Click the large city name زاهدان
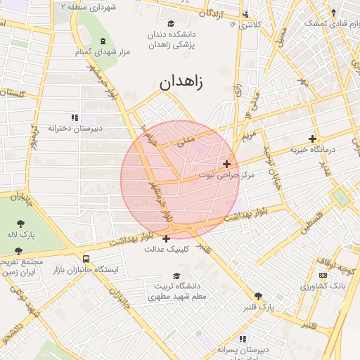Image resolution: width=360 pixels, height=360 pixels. pos(181,82)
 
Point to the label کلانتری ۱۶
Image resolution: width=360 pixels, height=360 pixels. pos(245,25)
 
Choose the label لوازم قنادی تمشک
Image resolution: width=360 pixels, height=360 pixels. pos(329,22)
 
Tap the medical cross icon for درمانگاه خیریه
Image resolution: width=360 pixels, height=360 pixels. pos(312,139)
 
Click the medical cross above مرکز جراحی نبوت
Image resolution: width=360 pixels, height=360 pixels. pos(226,163)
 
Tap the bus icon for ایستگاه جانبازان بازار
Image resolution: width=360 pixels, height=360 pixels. pos(86,259)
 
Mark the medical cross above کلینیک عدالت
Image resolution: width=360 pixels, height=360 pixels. pos(165,238)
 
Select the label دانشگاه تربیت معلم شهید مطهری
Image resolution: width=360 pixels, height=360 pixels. pos(172,292)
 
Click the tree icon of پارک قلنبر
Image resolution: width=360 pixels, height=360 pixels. pos(259,296)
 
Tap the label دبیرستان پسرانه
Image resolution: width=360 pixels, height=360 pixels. pos(243,349)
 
